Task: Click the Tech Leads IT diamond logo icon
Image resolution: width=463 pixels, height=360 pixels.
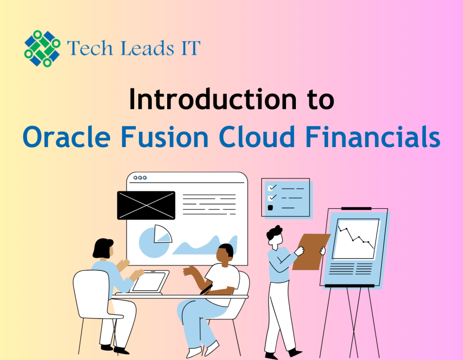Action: tap(42, 48)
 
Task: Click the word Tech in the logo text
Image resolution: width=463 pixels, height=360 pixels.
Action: tap(90, 48)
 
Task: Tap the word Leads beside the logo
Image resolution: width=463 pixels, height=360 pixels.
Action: tap(147, 48)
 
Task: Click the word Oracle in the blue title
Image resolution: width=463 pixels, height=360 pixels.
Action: tap(67, 137)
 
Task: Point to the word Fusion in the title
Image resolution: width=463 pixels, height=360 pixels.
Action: tap(165, 137)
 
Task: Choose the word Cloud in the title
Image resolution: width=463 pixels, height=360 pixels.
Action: tap(257, 137)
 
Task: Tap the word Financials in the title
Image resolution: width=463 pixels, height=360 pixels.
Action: tap(372, 137)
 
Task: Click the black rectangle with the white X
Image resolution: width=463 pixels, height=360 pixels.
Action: tap(146, 205)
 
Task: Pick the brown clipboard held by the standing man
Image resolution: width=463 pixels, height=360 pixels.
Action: tap(311, 251)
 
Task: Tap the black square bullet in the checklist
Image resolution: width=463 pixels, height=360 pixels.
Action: tap(270, 208)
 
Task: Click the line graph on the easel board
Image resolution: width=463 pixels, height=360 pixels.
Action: tap(356, 238)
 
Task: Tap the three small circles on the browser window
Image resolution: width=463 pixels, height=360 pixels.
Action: tap(140, 177)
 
